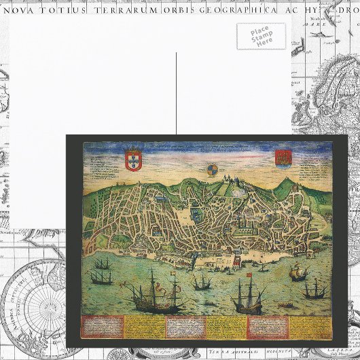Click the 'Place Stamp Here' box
point(261,36)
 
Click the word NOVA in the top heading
point(20,10)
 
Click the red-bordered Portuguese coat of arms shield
point(133,160)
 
